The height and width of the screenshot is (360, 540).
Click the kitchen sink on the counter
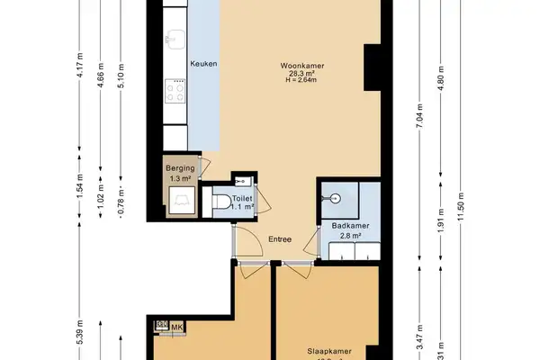tap(175, 40)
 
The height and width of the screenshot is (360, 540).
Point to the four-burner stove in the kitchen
tap(175, 91)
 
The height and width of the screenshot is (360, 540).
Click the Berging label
tap(181, 169)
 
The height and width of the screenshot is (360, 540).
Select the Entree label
tap(280, 238)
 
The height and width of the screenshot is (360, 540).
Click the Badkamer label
tap(346, 226)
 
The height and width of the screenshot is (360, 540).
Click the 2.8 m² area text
tap(346, 236)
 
